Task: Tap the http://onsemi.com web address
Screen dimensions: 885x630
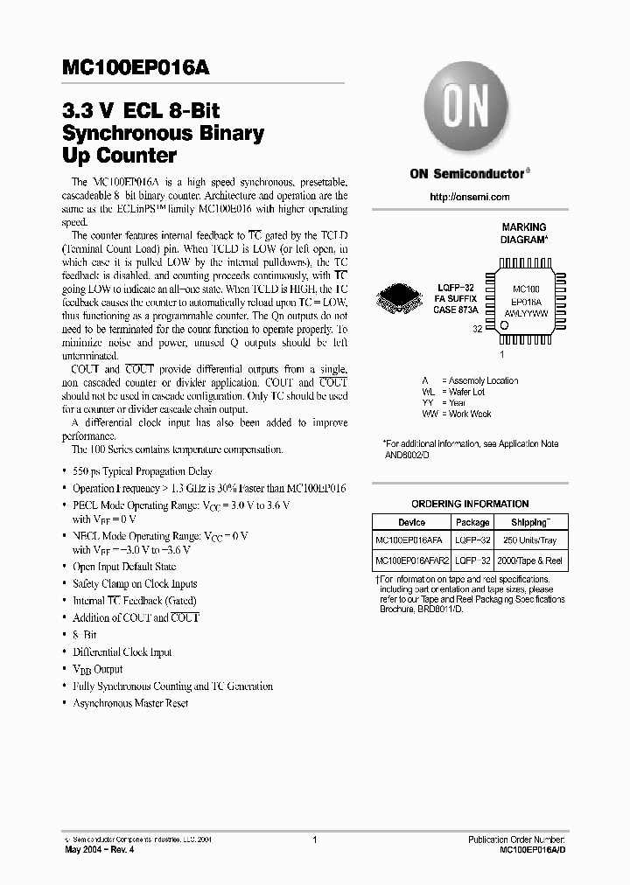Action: (x=470, y=197)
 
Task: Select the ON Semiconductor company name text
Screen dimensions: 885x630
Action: (x=469, y=173)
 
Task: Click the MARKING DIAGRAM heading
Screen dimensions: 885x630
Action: (x=524, y=233)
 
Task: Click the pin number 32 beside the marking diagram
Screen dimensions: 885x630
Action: (x=478, y=330)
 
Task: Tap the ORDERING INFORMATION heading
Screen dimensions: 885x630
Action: (x=470, y=504)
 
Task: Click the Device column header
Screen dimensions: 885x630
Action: (x=411, y=522)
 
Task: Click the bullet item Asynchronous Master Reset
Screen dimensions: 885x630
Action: (x=130, y=703)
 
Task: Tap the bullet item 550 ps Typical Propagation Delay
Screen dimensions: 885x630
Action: (x=143, y=471)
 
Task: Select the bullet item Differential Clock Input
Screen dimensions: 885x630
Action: (x=122, y=652)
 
